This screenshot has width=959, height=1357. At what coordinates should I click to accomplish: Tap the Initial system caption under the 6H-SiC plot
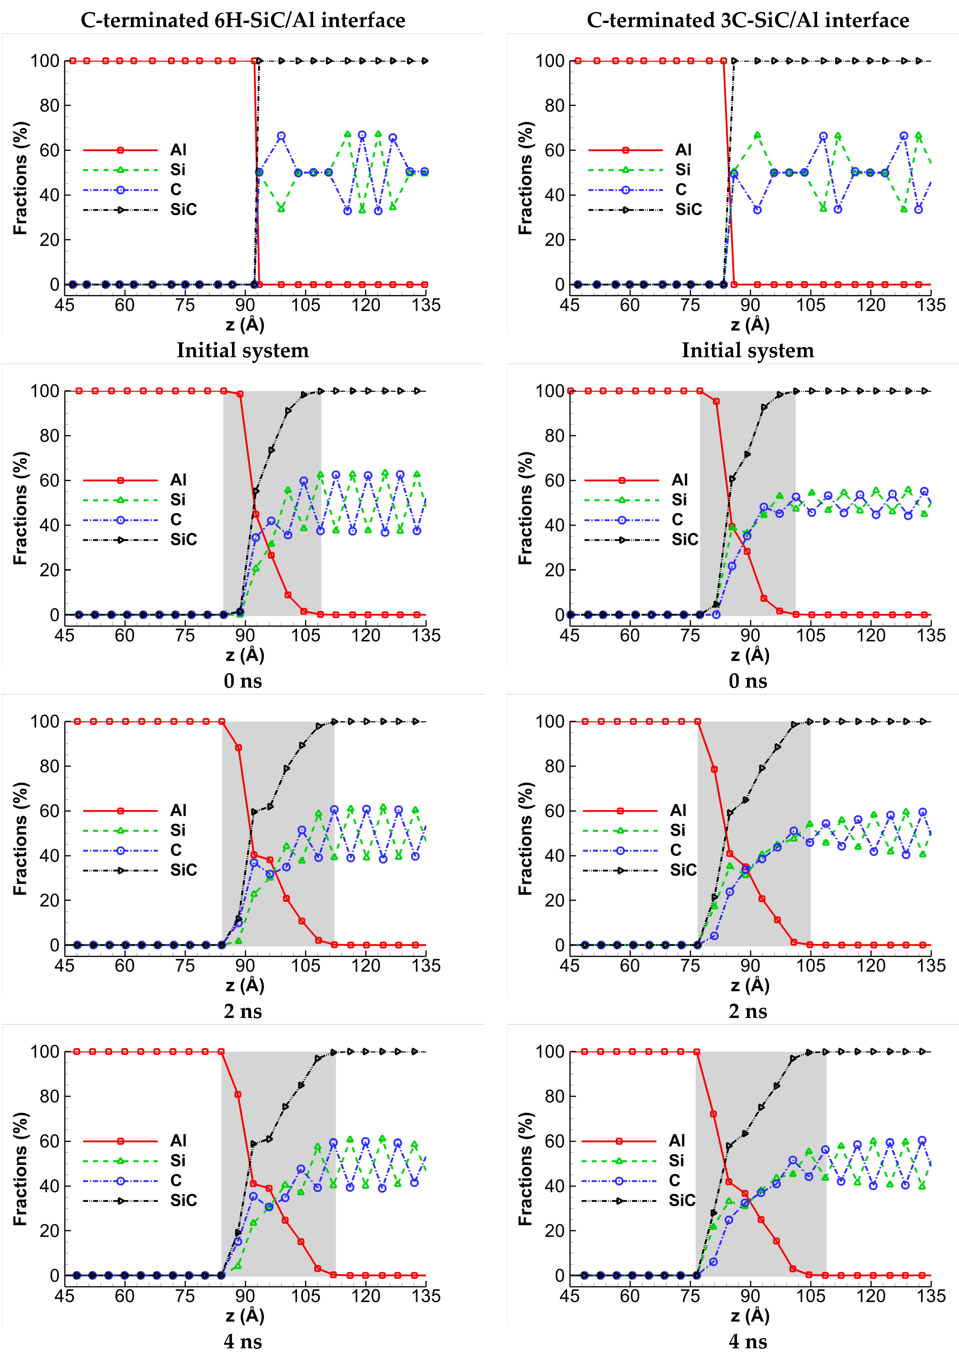click(243, 351)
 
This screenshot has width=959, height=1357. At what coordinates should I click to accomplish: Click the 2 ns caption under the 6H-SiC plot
click(243, 1011)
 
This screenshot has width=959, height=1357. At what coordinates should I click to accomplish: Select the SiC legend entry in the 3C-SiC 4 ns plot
click(681, 1200)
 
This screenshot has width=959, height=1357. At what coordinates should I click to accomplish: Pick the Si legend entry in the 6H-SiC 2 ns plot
click(178, 830)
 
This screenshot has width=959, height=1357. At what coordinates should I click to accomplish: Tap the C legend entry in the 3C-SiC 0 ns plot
click(677, 520)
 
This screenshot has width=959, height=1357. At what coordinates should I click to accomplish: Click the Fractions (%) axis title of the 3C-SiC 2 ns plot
click(525, 839)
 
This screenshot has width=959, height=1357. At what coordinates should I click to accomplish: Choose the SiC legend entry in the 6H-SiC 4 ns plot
click(183, 1200)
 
